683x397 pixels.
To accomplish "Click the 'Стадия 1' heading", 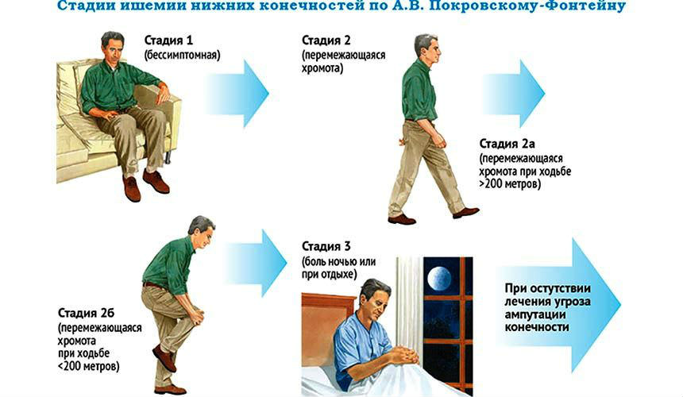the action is pyautogui.click(x=168, y=40).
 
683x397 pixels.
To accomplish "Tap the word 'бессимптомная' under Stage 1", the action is pyautogui.click(x=183, y=56).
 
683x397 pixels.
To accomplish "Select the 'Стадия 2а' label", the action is pyautogui.click(x=507, y=144).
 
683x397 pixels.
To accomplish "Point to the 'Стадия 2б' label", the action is pyautogui.click(x=87, y=313).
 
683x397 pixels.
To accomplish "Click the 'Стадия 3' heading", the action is pyautogui.click(x=326, y=246).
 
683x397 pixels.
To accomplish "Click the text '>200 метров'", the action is pyautogui.click(x=510, y=184).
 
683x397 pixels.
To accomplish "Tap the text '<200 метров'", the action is pyautogui.click(x=88, y=366).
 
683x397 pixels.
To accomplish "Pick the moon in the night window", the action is pyautogui.click(x=439, y=279).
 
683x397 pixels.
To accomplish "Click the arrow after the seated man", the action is pyautogui.click(x=237, y=93).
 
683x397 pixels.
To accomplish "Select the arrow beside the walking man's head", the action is pyautogui.click(x=514, y=93).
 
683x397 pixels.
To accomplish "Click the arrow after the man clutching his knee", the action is pyautogui.click(x=255, y=263).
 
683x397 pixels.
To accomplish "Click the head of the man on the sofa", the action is pyautogui.click(x=113, y=46).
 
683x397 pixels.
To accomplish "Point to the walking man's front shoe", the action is pyautogui.click(x=465, y=213).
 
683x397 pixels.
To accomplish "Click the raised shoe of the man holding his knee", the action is pyautogui.click(x=164, y=358).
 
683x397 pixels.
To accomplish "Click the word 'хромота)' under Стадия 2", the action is pyautogui.click(x=322, y=69).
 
